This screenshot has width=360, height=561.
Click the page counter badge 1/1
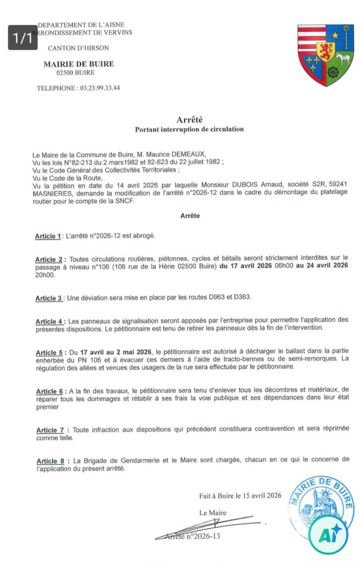[x=22, y=38]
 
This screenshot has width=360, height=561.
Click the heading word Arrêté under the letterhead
[x=189, y=119]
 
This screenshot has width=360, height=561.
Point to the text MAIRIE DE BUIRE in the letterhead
[x=78, y=64]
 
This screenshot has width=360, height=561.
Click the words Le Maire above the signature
[x=213, y=513]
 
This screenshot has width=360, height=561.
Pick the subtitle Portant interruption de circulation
[x=189, y=129]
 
